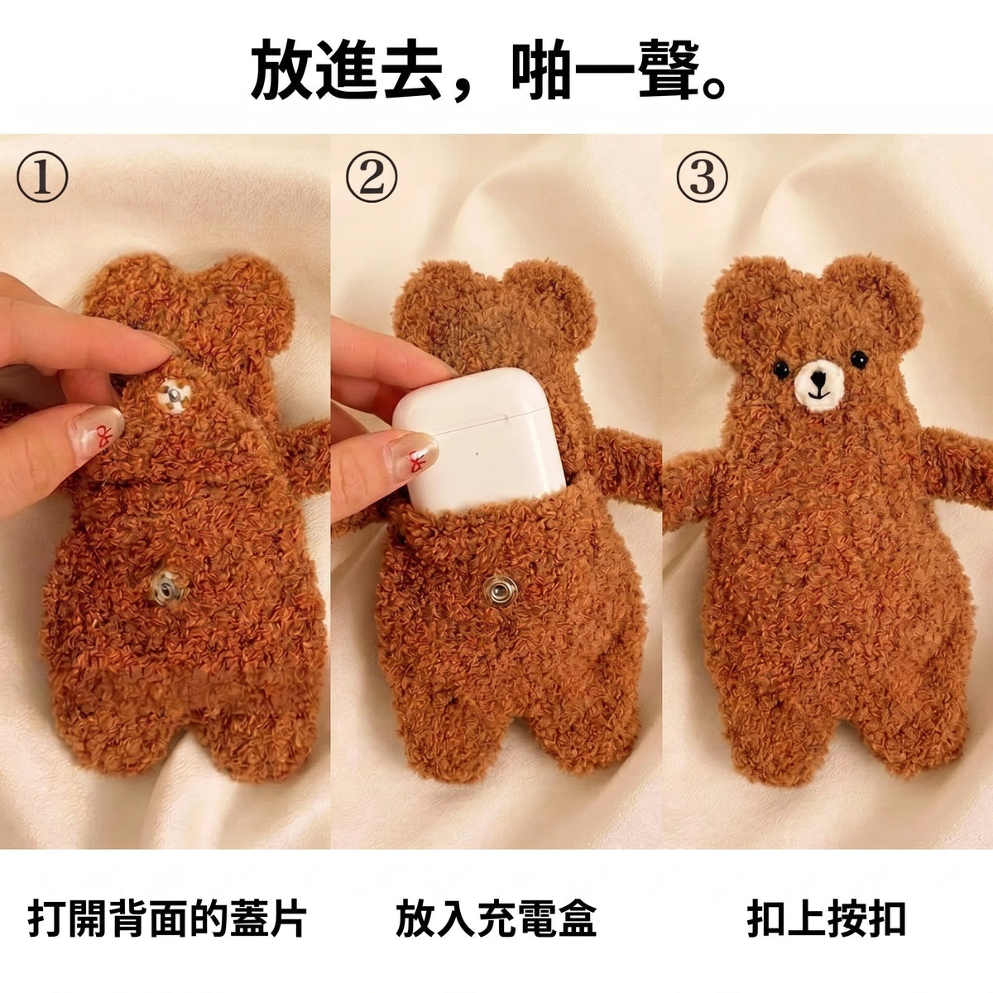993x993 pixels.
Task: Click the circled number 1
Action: (x=42, y=177)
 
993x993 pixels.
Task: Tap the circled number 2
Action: (x=372, y=177)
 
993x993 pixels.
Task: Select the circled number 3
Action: (x=702, y=177)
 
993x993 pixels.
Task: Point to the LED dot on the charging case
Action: (x=477, y=454)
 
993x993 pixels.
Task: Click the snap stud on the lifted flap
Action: (x=174, y=396)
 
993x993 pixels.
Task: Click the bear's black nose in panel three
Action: (x=816, y=381)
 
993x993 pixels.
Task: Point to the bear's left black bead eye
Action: (x=780, y=368)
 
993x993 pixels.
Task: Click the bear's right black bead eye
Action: (x=858, y=358)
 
